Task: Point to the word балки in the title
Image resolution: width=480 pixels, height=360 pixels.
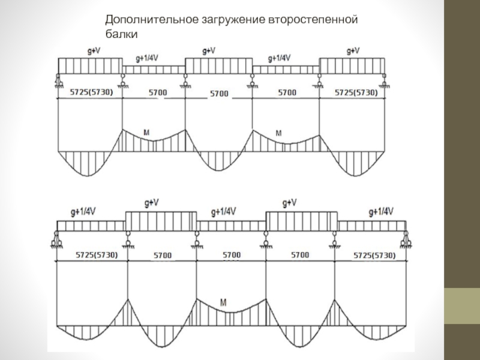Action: coord(122,35)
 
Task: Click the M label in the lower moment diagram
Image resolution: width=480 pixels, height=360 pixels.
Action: coord(223,302)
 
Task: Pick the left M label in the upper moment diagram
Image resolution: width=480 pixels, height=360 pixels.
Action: coord(148,131)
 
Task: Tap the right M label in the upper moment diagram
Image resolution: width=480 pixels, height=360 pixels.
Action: coord(278,132)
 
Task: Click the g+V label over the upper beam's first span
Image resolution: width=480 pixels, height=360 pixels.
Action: coord(94,51)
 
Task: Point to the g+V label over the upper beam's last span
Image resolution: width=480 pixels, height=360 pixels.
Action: coord(353,50)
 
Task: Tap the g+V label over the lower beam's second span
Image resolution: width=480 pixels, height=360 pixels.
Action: coord(152,203)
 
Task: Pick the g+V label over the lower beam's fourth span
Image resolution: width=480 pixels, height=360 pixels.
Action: coord(290,202)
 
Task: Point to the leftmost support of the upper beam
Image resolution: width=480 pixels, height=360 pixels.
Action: coord(58,80)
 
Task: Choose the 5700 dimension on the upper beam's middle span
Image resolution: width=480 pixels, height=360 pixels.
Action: coord(219,94)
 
